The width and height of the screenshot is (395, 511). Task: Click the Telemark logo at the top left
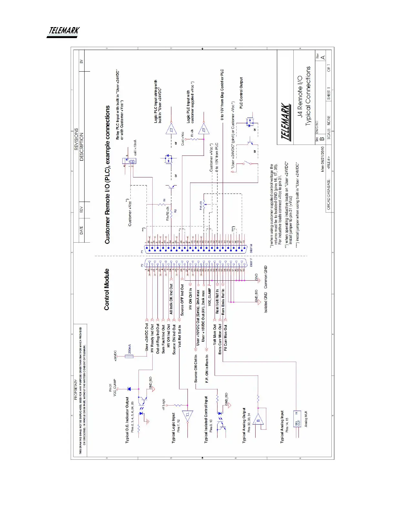63,32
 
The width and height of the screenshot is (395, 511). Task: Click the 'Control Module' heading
107,289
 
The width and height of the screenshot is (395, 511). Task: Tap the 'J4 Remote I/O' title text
300,97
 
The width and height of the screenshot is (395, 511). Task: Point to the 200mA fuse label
129,349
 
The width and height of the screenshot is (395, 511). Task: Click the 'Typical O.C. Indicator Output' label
127,420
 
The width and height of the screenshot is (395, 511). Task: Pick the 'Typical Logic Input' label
173,427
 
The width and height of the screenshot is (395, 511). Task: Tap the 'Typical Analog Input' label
282,427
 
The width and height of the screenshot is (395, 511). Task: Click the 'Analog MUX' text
306,419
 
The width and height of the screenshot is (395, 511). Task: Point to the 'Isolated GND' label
266,302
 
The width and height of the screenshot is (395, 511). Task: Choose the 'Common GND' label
266,277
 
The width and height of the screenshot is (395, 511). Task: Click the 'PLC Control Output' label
241,93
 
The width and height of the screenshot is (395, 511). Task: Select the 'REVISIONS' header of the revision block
76,139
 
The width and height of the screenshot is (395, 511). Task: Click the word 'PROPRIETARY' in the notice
76,390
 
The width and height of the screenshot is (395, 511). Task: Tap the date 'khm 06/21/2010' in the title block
322,159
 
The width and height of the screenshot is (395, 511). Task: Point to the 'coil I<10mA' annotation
135,147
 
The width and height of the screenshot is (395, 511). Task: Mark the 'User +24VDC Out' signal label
147,337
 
